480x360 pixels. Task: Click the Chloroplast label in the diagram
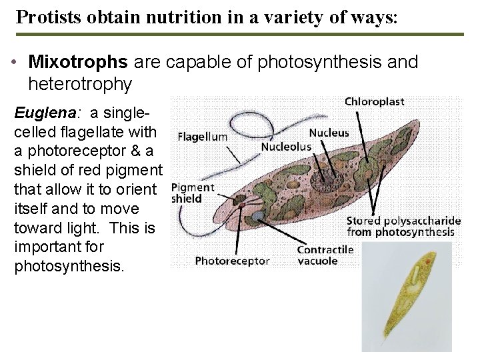(373, 102)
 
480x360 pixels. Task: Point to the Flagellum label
(203, 137)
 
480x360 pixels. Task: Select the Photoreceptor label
(233, 261)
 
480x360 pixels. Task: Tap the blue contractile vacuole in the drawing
(257, 216)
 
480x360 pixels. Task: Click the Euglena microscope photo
(405, 297)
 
